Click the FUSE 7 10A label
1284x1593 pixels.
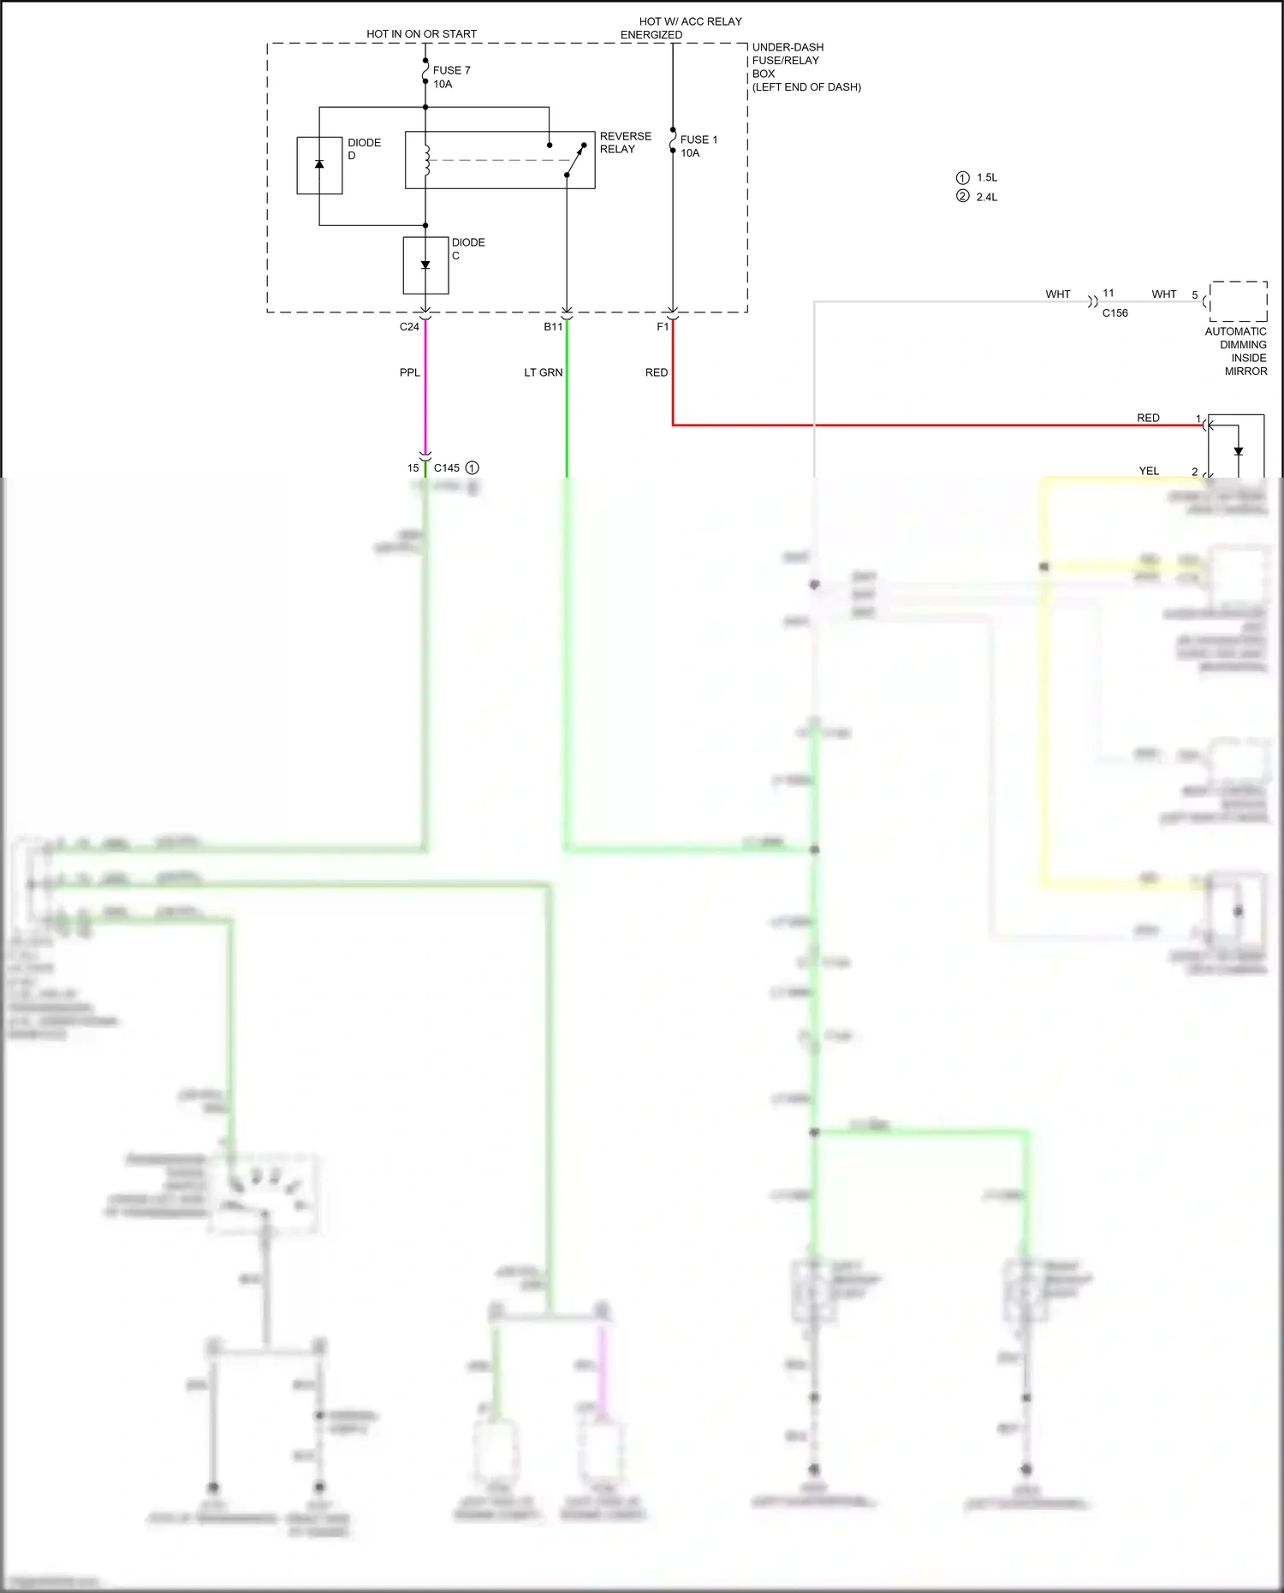pyautogui.click(x=451, y=77)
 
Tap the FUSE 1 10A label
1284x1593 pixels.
pyautogui.click(x=698, y=146)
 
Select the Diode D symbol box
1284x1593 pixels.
pyautogui.click(x=319, y=165)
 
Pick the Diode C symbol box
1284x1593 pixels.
pyautogui.click(x=425, y=265)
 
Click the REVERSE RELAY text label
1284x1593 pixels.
pyautogui.click(x=625, y=143)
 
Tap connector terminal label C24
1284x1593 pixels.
pyautogui.click(x=409, y=327)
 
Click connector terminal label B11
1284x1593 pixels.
pyautogui.click(x=553, y=327)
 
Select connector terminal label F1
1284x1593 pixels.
pyautogui.click(x=663, y=327)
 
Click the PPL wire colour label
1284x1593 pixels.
pyautogui.click(x=410, y=372)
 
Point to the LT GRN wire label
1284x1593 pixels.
pyautogui.click(x=544, y=372)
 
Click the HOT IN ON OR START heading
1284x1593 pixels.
pyautogui.click(x=421, y=34)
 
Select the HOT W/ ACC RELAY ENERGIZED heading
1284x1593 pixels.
pyautogui.click(x=681, y=28)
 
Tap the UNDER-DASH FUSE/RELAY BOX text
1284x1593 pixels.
pyautogui.click(x=805, y=67)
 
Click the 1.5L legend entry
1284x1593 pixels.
pyautogui.click(x=978, y=178)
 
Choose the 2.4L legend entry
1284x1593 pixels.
pyautogui.click(x=978, y=197)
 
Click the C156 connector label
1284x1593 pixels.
pyautogui.click(x=1115, y=313)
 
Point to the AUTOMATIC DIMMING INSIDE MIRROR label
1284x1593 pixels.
pyautogui.click(x=1237, y=351)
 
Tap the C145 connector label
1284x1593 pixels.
pyautogui.click(x=447, y=468)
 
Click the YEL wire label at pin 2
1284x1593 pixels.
pyautogui.click(x=1149, y=471)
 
